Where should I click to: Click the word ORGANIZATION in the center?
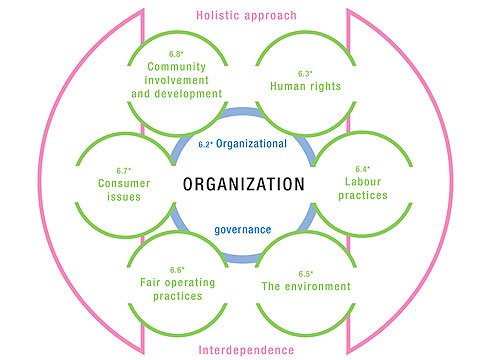click(x=243, y=185)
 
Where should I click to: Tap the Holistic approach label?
click(x=242, y=16)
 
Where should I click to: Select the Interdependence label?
click(x=242, y=349)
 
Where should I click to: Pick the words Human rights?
click(x=305, y=86)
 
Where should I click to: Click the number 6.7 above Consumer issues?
click(x=124, y=169)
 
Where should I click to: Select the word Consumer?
click(x=125, y=183)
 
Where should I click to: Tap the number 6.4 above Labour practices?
click(x=361, y=169)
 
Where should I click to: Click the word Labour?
click(x=362, y=183)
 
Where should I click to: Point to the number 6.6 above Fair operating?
click(x=176, y=269)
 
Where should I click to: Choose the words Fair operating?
click(x=176, y=283)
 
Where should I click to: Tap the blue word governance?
click(x=243, y=229)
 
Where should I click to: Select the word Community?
click(x=181, y=67)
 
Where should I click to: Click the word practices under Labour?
click(x=362, y=197)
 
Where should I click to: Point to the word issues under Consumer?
click(x=125, y=197)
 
